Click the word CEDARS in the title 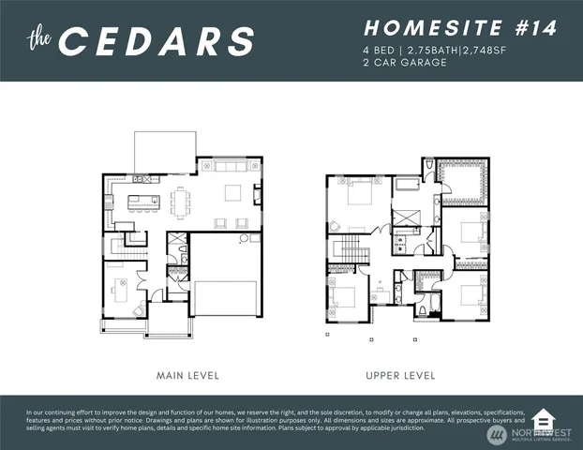(159, 41)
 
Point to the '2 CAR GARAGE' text (404, 63)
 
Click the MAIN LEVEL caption (188, 375)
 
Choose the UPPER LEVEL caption (400, 375)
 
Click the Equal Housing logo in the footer (542, 419)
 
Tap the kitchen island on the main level (142, 200)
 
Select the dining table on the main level (182, 199)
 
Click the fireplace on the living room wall (259, 195)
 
